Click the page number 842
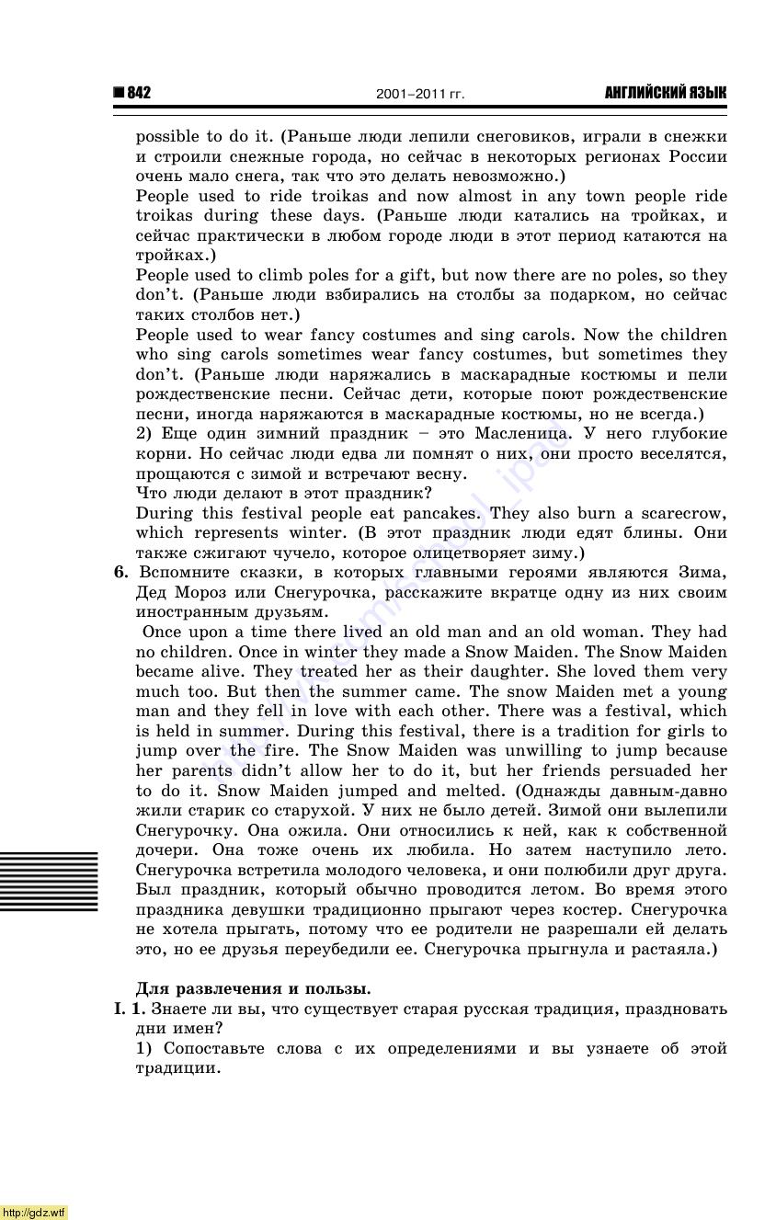click(x=139, y=93)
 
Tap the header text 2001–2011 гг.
click(x=420, y=94)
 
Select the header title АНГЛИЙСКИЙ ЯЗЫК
click(x=665, y=93)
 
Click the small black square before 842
click(x=119, y=93)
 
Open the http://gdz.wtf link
click(x=34, y=1212)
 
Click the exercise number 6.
click(x=120, y=572)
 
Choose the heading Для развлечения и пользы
click(x=253, y=988)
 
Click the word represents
click(x=235, y=532)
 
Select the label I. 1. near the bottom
click(x=130, y=1009)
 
